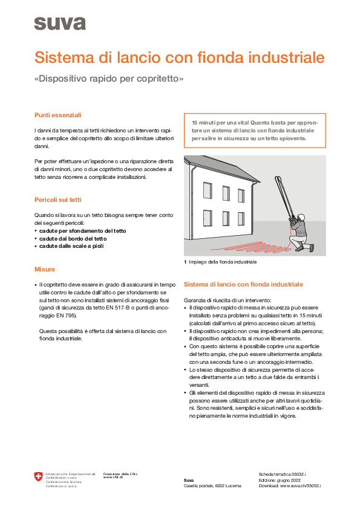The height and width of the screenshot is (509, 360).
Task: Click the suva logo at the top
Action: click(60, 24)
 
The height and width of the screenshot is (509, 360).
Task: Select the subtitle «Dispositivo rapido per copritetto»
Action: click(109, 79)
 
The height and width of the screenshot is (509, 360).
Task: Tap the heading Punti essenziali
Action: click(58, 115)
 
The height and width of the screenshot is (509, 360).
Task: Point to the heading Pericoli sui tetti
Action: click(58, 200)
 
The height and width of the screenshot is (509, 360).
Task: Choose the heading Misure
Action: click(45, 270)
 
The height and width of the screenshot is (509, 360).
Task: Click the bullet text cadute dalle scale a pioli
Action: click(71, 246)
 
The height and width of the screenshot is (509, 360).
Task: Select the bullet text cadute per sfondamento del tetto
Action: click(82, 231)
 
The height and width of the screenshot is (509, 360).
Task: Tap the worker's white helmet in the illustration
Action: click(301, 217)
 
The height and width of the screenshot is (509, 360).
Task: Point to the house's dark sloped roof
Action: click(224, 168)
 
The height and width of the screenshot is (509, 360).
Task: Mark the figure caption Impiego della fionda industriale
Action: click(223, 262)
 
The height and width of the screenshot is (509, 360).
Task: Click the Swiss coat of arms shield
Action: click(38, 477)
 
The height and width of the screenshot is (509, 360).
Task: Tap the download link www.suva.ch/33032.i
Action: click(300, 486)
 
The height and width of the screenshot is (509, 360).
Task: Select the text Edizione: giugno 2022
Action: click(280, 480)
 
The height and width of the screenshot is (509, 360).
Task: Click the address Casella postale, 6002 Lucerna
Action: click(212, 486)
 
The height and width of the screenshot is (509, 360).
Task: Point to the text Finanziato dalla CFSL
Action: click(120, 475)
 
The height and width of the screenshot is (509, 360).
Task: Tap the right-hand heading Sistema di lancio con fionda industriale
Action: click(243, 285)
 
